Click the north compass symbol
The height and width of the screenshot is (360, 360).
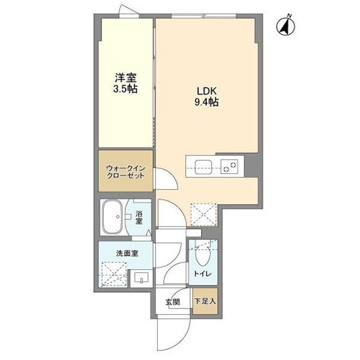(x=286, y=26)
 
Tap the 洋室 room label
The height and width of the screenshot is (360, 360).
(x=125, y=78)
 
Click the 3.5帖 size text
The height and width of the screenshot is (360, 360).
(x=125, y=89)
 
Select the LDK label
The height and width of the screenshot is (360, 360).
(x=206, y=91)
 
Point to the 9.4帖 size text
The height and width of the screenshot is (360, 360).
(x=206, y=102)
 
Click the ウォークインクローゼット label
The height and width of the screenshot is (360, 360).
(x=125, y=172)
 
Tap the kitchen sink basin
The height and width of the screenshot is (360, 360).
(x=203, y=167)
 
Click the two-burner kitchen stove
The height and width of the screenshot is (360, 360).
(x=229, y=166)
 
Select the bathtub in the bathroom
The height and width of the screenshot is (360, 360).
(x=112, y=217)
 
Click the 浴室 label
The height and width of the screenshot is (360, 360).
(x=139, y=218)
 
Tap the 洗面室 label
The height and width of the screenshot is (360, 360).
(x=127, y=253)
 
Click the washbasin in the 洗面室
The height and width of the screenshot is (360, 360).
(x=141, y=278)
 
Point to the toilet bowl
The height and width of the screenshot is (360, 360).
(x=203, y=256)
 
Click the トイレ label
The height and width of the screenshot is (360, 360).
(x=203, y=274)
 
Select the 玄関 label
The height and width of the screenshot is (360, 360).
(x=173, y=302)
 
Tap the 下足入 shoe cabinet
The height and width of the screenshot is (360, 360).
(x=205, y=301)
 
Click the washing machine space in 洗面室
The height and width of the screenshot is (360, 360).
(x=114, y=274)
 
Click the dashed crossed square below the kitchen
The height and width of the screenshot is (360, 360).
(x=203, y=214)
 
